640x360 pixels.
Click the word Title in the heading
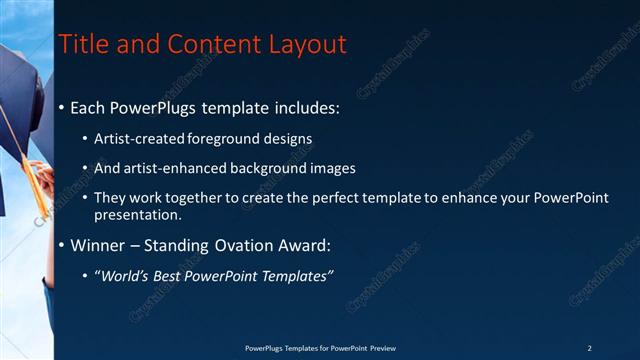81,45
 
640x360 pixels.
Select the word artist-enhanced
170,168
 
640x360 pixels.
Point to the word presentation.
137,214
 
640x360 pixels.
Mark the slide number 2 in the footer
589,348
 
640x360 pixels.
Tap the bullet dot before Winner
62,245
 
